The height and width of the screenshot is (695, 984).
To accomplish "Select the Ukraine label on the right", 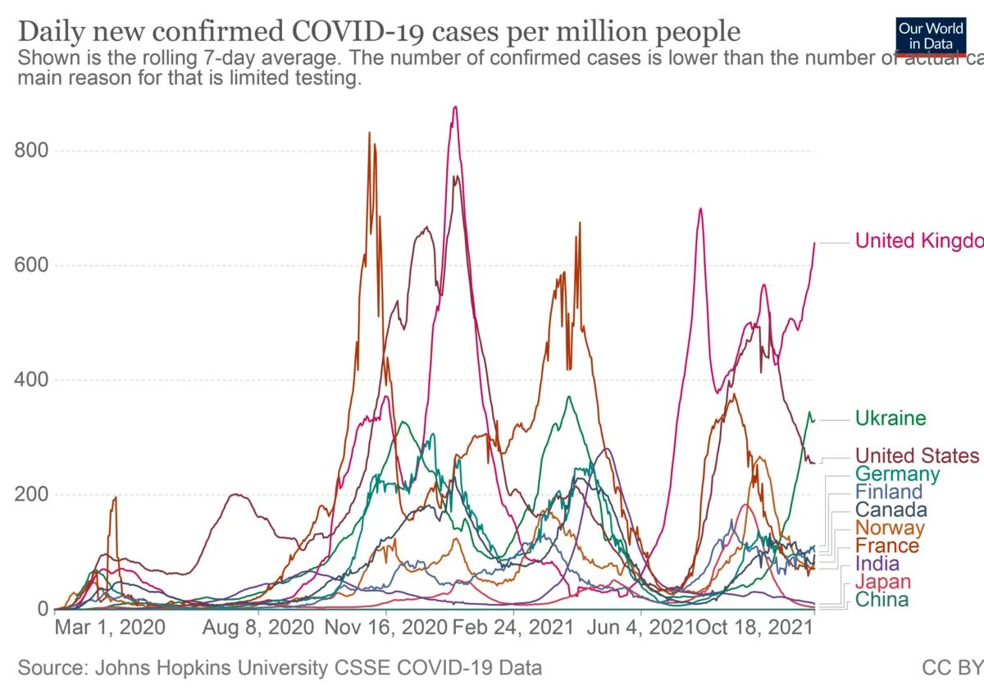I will pyautogui.click(x=891, y=418).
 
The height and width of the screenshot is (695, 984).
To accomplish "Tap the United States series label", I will pyautogui.click(x=917, y=455).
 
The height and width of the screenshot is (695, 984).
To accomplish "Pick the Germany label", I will pyautogui.click(x=897, y=473).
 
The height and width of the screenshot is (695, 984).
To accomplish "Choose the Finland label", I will pyautogui.click(x=889, y=492).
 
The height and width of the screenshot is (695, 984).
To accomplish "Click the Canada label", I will pyautogui.click(x=891, y=510).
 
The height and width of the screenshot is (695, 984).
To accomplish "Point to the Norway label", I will pyautogui.click(x=890, y=528).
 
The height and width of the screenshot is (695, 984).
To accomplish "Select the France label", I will pyautogui.click(x=887, y=546).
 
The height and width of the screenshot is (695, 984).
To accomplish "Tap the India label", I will pyautogui.click(x=877, y=564).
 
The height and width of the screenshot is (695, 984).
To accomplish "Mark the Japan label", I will pyautogui.click(x=881, y=582).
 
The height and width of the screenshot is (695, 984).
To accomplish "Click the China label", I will pyautogui.click(x=881, y=600).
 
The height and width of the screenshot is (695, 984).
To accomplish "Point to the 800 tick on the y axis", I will pyautogui.click(x=32, y=150).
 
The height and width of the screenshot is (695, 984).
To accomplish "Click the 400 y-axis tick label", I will pyautogui.click(x=32, y=380).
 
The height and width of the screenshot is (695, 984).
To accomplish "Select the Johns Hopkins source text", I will pyautogui.click(x=280, y=668).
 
